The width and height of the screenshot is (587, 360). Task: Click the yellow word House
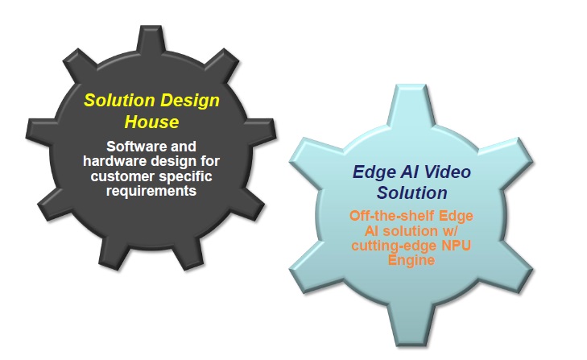tap(151, 122)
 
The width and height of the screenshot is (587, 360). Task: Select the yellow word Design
tap(190, 101)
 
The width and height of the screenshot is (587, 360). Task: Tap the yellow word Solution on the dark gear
tap(119, 101)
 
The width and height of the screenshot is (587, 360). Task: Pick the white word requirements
tap(151, 191)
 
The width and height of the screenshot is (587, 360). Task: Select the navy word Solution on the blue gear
tap(411, 193)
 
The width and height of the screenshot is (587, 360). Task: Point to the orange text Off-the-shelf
tap(392, 216)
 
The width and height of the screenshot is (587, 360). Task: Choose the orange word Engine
tap(411, 260)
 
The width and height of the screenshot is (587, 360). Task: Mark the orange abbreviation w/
tap(450, 231)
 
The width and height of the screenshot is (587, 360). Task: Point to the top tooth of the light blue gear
tap(411, 107)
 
